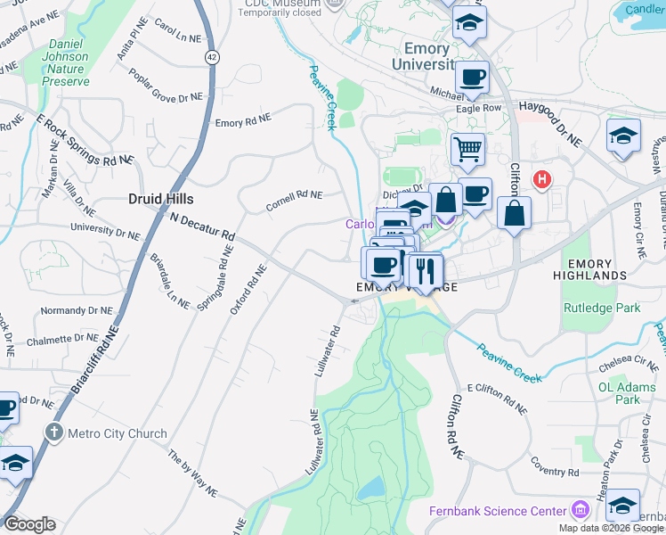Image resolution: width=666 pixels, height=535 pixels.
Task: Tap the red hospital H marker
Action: pyautogui.click(x=540, y=180)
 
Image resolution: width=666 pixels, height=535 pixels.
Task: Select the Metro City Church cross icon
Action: pyautogui.click(x=54, y=433)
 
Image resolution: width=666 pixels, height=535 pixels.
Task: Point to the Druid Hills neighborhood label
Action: pyautogui.click(x=160, y=199)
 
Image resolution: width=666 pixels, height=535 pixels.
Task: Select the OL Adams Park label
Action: pyautogui.click(x=619, y=393)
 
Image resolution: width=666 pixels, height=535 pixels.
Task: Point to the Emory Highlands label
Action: pyautogui.click(x=589, y=270)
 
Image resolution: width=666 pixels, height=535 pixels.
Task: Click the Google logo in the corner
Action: pyautogui.click(x=29, y=524)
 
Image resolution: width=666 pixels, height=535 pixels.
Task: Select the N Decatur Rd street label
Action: pyautogui.click(x=202, y=226)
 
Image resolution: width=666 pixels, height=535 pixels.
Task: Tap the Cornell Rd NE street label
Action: pyautogui.click(x=294, y=201)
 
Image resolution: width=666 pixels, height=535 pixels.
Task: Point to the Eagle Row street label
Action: pyautogui.click(x=479, y=108)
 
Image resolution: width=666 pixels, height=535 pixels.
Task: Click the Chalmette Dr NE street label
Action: pyautogui.click(x=63, y=339)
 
